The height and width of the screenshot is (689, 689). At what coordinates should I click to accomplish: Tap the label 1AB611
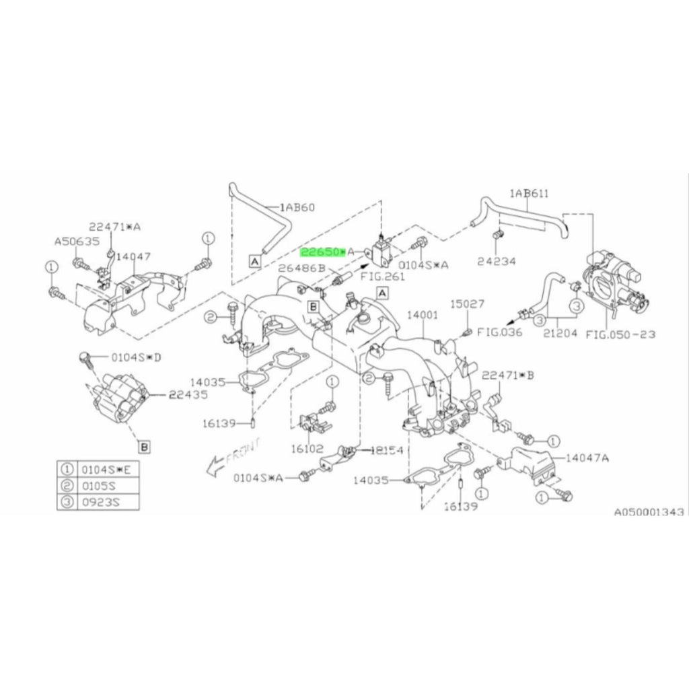529,194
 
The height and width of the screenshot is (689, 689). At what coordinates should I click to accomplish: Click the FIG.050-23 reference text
620,333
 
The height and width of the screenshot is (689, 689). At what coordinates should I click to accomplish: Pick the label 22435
188,395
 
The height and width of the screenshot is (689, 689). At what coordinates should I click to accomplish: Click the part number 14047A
587,458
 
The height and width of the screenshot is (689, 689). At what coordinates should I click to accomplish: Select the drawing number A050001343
648,512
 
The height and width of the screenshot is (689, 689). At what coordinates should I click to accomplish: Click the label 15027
467,304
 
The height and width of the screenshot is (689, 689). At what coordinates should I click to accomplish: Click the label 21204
560,333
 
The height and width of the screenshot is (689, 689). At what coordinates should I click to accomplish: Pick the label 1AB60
298,207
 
